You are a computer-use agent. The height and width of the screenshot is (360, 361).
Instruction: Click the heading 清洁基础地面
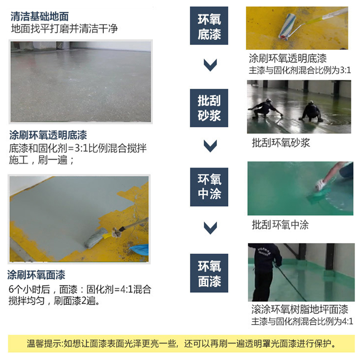tap(40, 16)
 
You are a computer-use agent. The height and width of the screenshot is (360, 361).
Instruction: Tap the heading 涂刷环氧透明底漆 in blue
tap(48, 135)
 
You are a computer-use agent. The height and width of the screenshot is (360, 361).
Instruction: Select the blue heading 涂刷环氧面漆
tap(36, 275)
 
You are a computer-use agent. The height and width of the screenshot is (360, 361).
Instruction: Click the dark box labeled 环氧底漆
tap(209, 26)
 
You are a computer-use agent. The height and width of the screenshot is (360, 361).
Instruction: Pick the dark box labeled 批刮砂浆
tap(209, 108)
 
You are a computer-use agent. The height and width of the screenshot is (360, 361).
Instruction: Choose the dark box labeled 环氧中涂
tap(209, 187)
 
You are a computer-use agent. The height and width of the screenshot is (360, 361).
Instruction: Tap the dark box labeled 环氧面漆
tap(209, 273)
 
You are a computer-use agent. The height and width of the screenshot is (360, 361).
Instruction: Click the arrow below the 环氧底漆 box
tap(210, 65)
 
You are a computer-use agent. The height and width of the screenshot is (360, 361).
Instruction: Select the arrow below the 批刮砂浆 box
tap(210, 146)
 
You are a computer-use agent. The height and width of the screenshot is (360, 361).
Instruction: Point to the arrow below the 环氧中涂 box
tap(210, 228)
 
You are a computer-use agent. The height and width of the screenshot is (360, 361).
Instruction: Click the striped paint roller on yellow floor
tap(287, 27)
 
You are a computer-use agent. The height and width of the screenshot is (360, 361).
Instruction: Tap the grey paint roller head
tap(95, 238)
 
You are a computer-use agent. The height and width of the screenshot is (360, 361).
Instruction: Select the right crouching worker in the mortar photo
tap(312, 112)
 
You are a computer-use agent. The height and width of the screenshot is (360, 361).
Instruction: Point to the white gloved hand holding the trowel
tap(321, 184)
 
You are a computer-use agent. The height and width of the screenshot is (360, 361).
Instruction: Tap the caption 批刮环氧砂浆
tap(281, 143)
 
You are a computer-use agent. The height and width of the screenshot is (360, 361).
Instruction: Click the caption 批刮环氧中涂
tap(280, 224)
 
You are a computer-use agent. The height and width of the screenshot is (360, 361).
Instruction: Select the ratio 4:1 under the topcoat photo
tap(347, 321)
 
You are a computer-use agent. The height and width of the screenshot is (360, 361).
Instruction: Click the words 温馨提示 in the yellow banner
tap(44, 343)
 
